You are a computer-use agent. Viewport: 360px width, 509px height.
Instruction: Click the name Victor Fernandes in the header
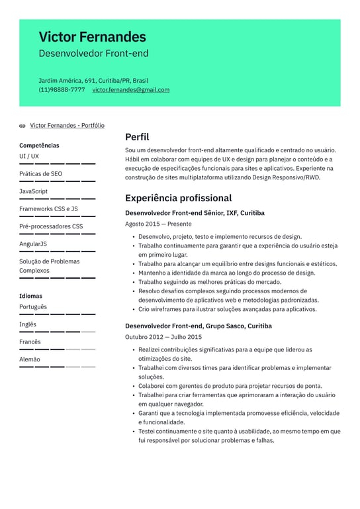click(x=92, y=37)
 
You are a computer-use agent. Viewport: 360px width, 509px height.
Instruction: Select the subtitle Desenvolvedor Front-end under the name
click(x=93, y=54)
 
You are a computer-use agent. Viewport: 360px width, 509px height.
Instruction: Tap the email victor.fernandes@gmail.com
click(x=130, y=90)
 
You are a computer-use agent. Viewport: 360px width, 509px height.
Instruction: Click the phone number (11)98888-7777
click(x=62, y=90)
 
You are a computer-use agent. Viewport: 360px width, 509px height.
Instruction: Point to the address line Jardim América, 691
click(x=93, y=81)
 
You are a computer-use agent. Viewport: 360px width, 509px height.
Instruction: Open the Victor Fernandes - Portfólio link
click(x=67, y=125)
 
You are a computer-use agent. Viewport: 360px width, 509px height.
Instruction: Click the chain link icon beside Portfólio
click(x=22, y=126)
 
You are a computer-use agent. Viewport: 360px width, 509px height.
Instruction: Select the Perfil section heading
click(x=137, y=137)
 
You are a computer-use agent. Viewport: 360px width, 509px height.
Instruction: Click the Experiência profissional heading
click(x=178, y=198)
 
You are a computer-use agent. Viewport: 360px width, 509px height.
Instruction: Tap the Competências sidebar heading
click(x=39, y=146)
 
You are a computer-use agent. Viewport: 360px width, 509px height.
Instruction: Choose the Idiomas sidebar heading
click(x=30, y=296)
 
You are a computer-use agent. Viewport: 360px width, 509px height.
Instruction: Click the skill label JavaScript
click(x=33, y=191)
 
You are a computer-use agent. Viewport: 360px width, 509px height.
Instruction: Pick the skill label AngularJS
click(x=33, y=244)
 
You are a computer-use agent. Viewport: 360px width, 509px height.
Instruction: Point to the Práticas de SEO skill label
click(x=40, y=174)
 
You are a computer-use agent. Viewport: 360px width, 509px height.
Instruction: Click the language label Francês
click(x=30, y=342)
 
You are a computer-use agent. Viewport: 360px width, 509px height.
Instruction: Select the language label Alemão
click(x=29, y=359)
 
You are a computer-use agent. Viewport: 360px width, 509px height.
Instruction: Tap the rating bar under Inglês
click(x=57, y=332)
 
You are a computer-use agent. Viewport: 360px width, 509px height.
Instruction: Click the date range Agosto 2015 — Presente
click(x=158, y=224)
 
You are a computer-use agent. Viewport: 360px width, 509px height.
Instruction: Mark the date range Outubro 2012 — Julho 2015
click(x=163, y=338)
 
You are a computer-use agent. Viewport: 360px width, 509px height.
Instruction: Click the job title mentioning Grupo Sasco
click(x=198, y=326)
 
